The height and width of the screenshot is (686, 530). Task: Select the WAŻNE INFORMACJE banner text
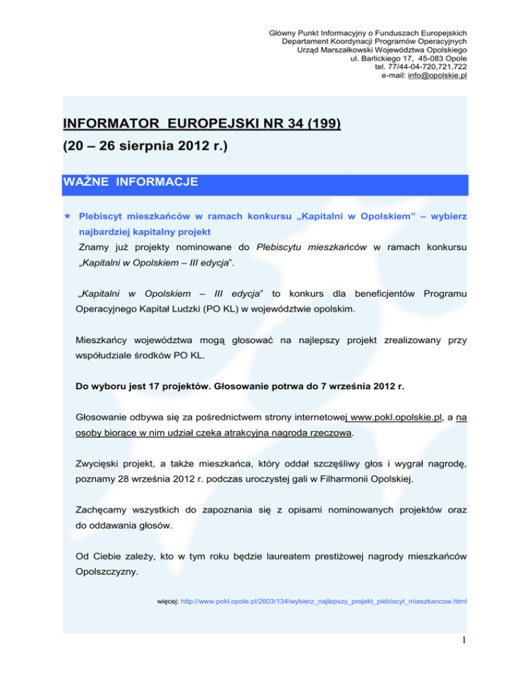(x=130, y=183)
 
